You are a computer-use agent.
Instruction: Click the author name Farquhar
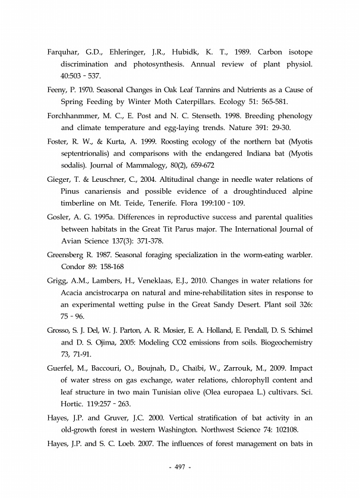[x=64, y=52]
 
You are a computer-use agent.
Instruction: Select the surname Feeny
[x=58, y=90]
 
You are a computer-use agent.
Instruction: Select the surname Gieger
[x=59, y=179]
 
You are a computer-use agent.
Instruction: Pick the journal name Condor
[x=73, y=267]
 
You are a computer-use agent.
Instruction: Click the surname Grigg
[x=58, y=280]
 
